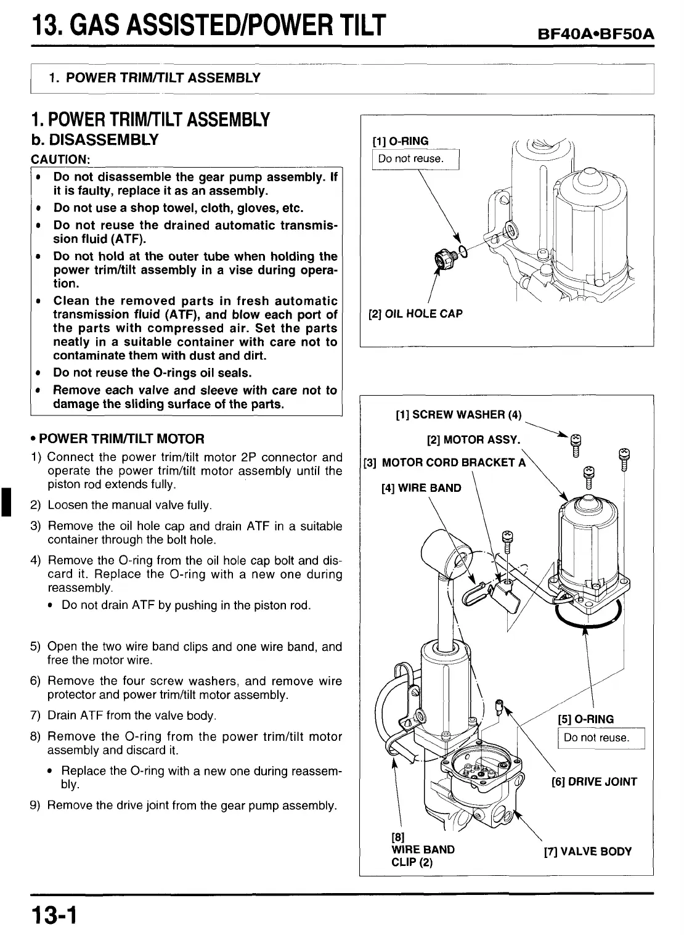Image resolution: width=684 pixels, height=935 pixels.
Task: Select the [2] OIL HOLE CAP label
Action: [x=415, y=314]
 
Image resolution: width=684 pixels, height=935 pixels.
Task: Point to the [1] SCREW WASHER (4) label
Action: [x=458, y=415]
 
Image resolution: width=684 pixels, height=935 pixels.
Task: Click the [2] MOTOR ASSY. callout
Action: [x=473, y=440]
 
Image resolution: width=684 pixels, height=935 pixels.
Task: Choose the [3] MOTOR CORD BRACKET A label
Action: [x=444, y=462]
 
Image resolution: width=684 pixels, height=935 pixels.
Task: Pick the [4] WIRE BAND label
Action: [x=421, y=488]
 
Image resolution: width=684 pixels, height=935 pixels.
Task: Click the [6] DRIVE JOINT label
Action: [x=594, y=782]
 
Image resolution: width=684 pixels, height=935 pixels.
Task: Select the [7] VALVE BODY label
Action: [x=587, y=852]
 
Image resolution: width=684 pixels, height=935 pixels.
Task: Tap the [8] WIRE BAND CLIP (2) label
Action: [x=423, y=849]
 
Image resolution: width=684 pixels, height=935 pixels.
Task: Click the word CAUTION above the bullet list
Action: [x=60, y=159]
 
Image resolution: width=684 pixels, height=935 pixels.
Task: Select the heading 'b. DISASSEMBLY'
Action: [x=94, y=139]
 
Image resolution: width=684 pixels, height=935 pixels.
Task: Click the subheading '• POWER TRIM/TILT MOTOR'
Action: [x=117, y=439]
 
